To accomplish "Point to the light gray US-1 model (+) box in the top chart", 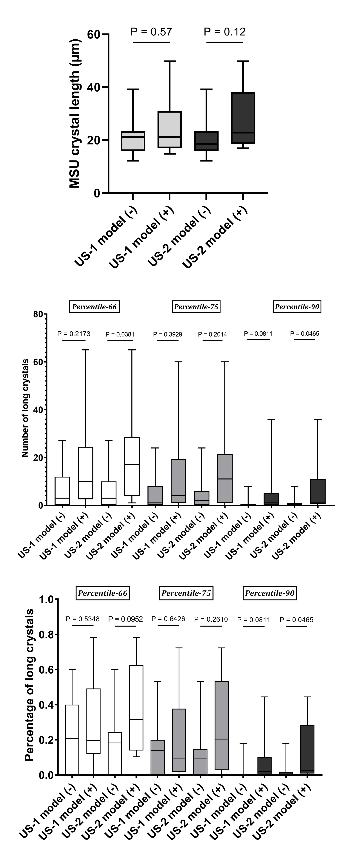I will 170,129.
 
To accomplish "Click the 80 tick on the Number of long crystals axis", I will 38,314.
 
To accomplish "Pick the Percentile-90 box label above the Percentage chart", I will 269,593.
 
